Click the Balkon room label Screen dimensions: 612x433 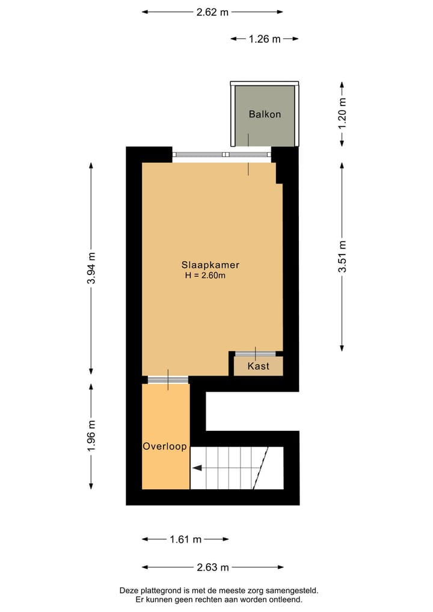point(265,114)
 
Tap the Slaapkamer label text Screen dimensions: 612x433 point(210,265)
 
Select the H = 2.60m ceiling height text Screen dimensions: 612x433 point(205,276)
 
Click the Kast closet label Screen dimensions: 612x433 point(258,366)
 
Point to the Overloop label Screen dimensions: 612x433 point(165,447)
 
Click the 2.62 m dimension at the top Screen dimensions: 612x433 point(212,11)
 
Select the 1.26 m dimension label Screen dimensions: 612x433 point(264,39)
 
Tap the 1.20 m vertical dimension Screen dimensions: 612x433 point(343,114)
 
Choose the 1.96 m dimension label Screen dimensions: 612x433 point(91,437)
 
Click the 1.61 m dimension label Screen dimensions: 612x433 point(185,539)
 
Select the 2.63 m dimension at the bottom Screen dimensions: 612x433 point(213,567)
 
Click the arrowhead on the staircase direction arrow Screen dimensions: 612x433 point(196,467)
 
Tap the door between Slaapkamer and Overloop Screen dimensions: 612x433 point(168,379)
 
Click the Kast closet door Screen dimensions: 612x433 point(255,354)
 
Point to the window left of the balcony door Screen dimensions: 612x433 point(198,155)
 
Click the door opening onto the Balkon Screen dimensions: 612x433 point(248,155)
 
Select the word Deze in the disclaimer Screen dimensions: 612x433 point(130,591)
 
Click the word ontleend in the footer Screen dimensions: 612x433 point(285,599)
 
